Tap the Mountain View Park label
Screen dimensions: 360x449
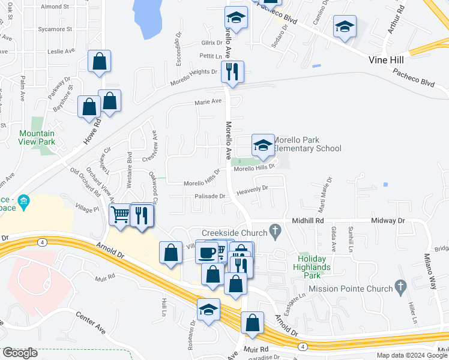[37, 137]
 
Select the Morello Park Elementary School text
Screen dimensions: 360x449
[308, 144]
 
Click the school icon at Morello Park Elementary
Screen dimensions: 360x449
[262, 145]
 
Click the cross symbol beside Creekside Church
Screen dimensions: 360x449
[276, 230]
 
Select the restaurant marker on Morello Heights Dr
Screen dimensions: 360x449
[232, 71]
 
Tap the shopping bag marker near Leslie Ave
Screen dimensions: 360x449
[99, 61]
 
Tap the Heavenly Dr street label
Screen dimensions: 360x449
[252, 189]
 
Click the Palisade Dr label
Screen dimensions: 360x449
[209, 196]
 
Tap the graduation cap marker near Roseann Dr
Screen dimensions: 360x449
[208, 310]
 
